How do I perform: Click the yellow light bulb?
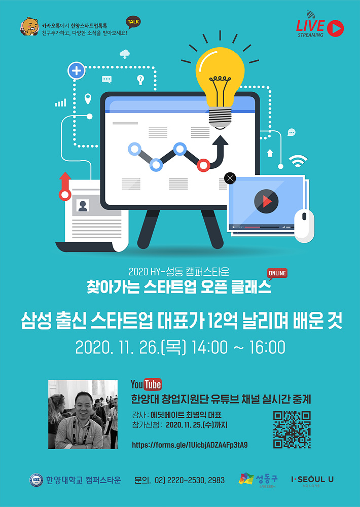tap(220, 87)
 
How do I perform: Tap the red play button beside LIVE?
tap(336, 28)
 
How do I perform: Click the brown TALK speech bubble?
tap(133, 22)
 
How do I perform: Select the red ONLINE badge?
tap(277, 274)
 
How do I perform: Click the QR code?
tap(292, 430)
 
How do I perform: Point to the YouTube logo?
tap(146, 384)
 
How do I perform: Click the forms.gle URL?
tap(190, 445)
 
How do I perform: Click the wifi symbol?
tap(298, 161)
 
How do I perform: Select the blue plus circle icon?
tap(77, 71)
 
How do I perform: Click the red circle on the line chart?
tap(203, 165)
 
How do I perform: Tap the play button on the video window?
tap(266, 201)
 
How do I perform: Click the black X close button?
tap(230, 178)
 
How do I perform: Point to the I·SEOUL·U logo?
tap(312, 479)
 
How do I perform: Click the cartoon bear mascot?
tap(30, 26)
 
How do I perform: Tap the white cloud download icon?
tap(125, 54)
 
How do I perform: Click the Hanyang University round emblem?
tap(36, 480)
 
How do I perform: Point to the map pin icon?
tap(88, 99)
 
